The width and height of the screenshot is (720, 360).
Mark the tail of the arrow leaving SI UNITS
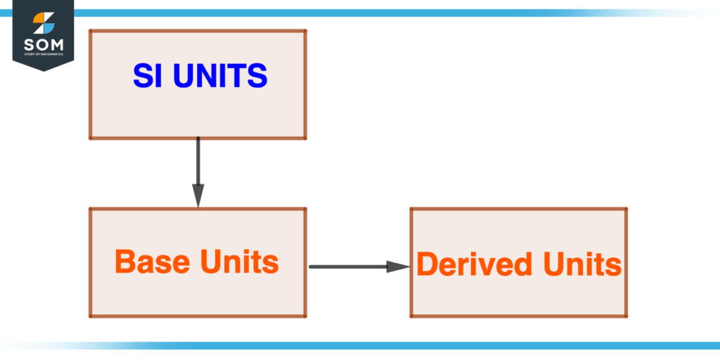[x=198, y=139]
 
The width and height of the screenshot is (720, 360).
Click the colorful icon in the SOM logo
[x=44, y=23]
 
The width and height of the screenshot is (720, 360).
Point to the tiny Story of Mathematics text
[x=44, y=54]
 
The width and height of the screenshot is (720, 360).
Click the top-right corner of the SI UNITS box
[x=305, y=31]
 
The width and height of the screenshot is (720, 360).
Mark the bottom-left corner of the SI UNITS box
[x=90, y=138]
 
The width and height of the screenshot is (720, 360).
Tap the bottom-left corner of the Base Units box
[x=90, y=316]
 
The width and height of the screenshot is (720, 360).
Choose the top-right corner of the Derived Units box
[x=626, y=209]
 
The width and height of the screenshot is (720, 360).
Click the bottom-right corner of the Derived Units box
[x=626, y=316]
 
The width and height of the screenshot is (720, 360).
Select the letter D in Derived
[x=426, y=264]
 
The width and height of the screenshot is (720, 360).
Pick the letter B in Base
[x=124, y=262]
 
